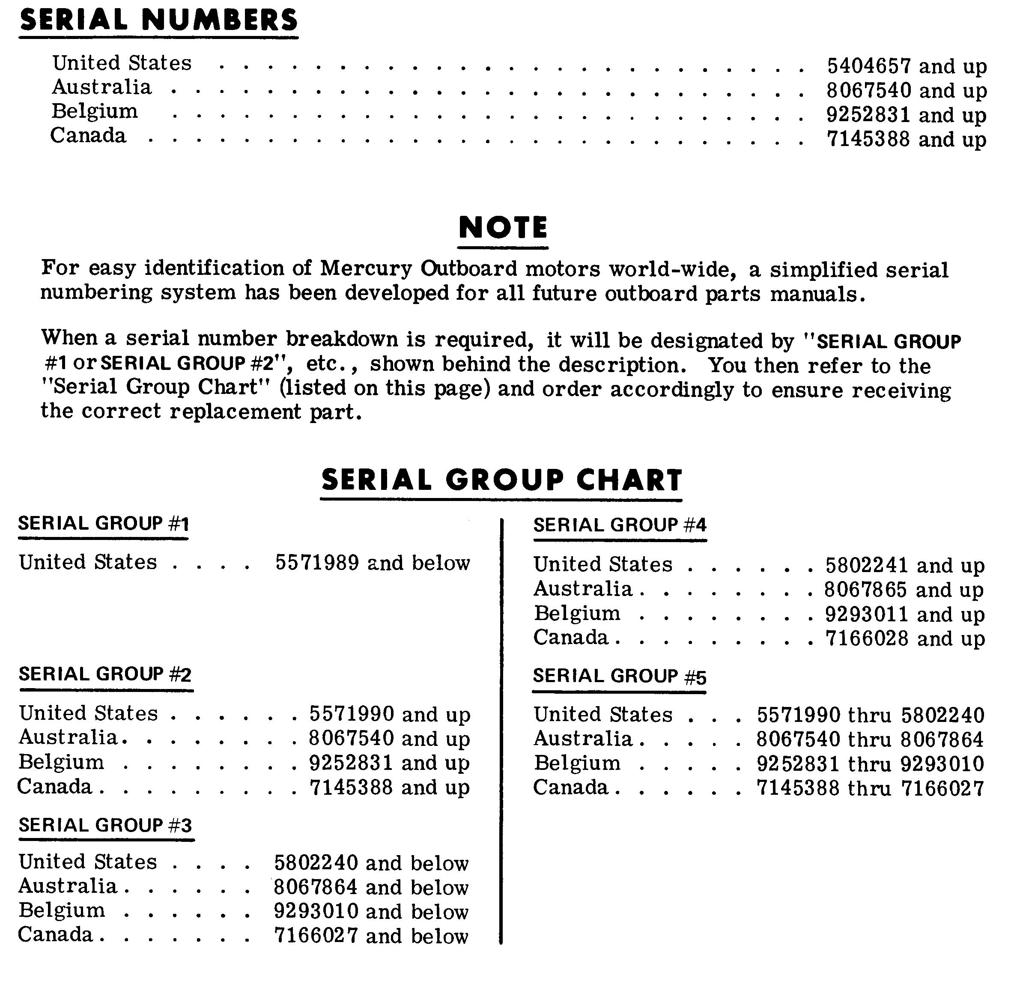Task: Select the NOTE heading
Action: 502,228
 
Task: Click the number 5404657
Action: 869,66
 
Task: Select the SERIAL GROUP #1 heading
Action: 103,523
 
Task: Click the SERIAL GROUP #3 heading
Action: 105,825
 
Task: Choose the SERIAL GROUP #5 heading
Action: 619,676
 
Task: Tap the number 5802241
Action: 867,565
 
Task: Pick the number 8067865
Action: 865,590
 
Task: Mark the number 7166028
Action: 867,638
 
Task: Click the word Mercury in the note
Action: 366,268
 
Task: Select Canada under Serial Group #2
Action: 54,787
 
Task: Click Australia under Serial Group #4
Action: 582,589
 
